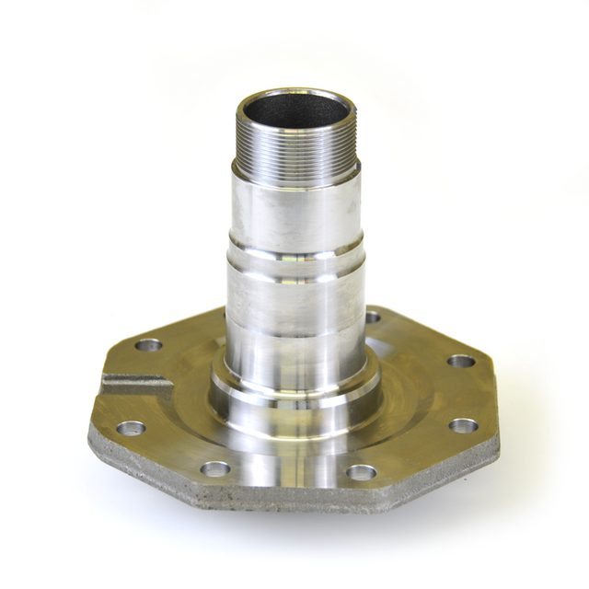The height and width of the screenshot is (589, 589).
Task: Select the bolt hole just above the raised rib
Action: (147, 346)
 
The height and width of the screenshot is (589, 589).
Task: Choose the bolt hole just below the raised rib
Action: (131, 428)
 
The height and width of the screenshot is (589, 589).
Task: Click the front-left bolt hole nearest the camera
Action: (215, 468)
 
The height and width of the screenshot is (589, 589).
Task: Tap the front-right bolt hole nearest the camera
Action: (362, 472)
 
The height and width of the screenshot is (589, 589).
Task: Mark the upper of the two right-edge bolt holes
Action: (461, 361)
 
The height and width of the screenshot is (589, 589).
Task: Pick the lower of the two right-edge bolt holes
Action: (463, 426)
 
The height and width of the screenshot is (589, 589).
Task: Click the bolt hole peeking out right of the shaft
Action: (373, 318)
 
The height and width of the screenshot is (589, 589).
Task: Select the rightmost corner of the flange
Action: (500, 433)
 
